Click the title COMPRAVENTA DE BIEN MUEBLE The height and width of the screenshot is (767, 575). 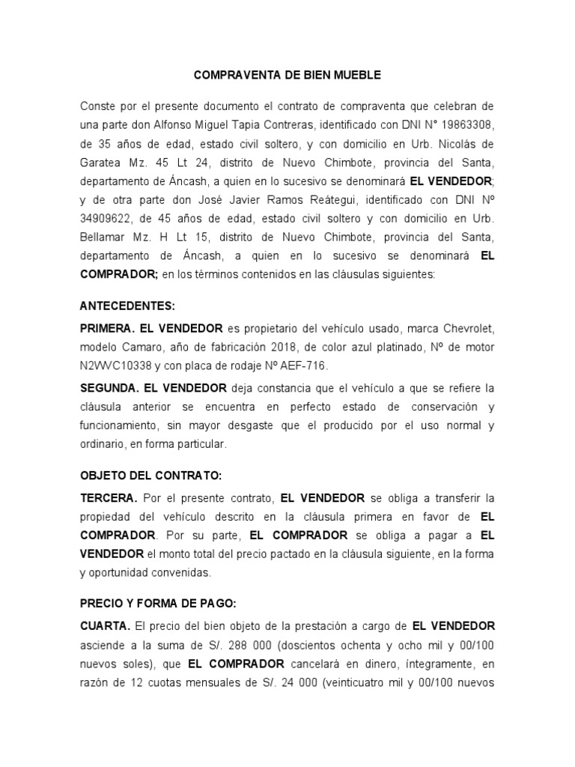click(287, 76)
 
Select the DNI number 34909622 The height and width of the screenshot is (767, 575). click(109, 219)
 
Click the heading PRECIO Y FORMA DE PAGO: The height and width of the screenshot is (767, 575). click(158, 603)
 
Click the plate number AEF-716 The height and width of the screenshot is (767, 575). click(305, 366)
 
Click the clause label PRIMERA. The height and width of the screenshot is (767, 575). click(109, 329)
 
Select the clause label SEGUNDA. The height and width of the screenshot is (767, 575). click(109, 388)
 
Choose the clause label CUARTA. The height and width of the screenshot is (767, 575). click(106, 625)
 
